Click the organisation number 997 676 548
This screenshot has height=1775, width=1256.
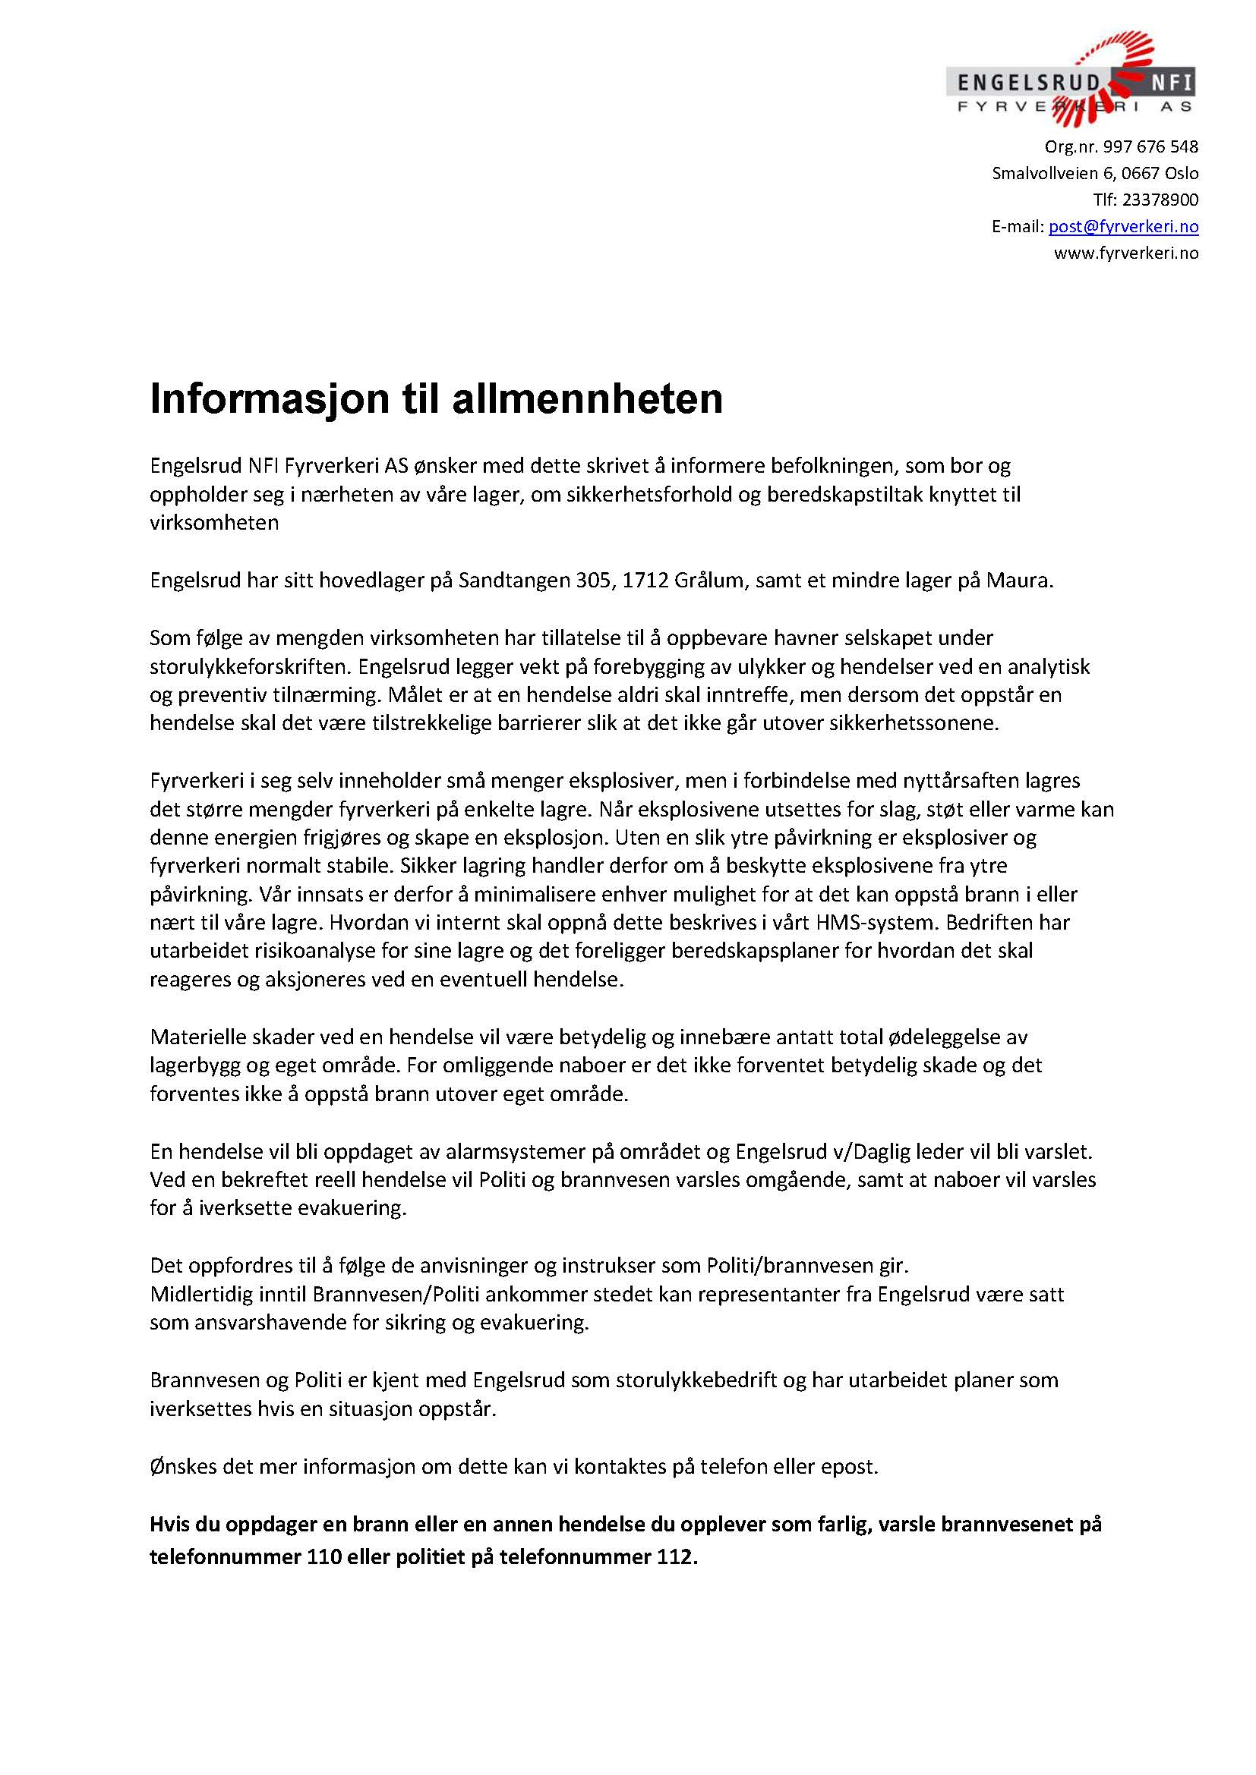click(1150, 147)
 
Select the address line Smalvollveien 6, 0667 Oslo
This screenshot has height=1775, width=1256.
click(1095, 173)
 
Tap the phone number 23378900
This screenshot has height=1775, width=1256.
click(1160, 200)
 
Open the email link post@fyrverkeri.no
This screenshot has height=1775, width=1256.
click(1123, 226)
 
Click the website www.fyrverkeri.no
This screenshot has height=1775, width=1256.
click(1126, 253)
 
